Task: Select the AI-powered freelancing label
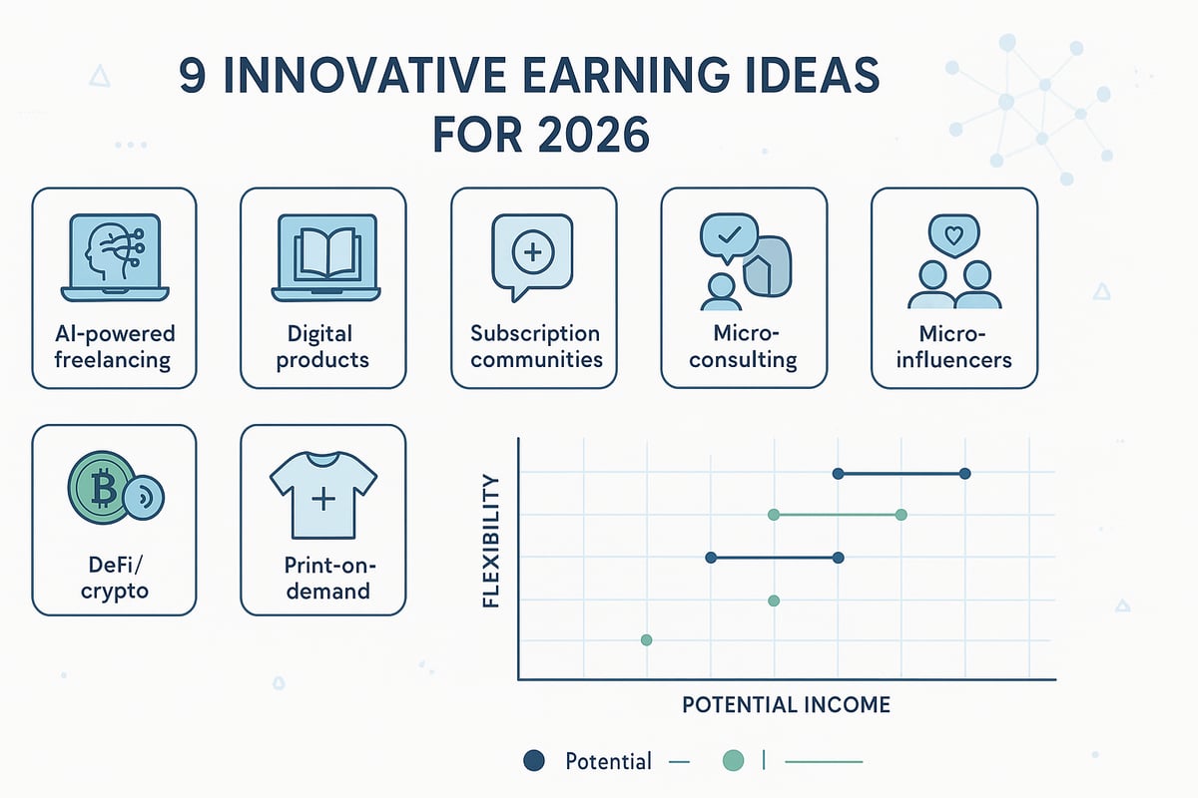tap(114, 345)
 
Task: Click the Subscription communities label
tap(535, 345)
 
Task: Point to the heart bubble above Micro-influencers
tap(953, 236)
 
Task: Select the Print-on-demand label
tap(323, 579)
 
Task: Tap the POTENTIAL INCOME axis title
tap(786, 705)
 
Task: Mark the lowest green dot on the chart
tap(646, 639)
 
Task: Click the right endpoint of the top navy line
tap(964, 474)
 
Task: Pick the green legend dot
tap(733, 761)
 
